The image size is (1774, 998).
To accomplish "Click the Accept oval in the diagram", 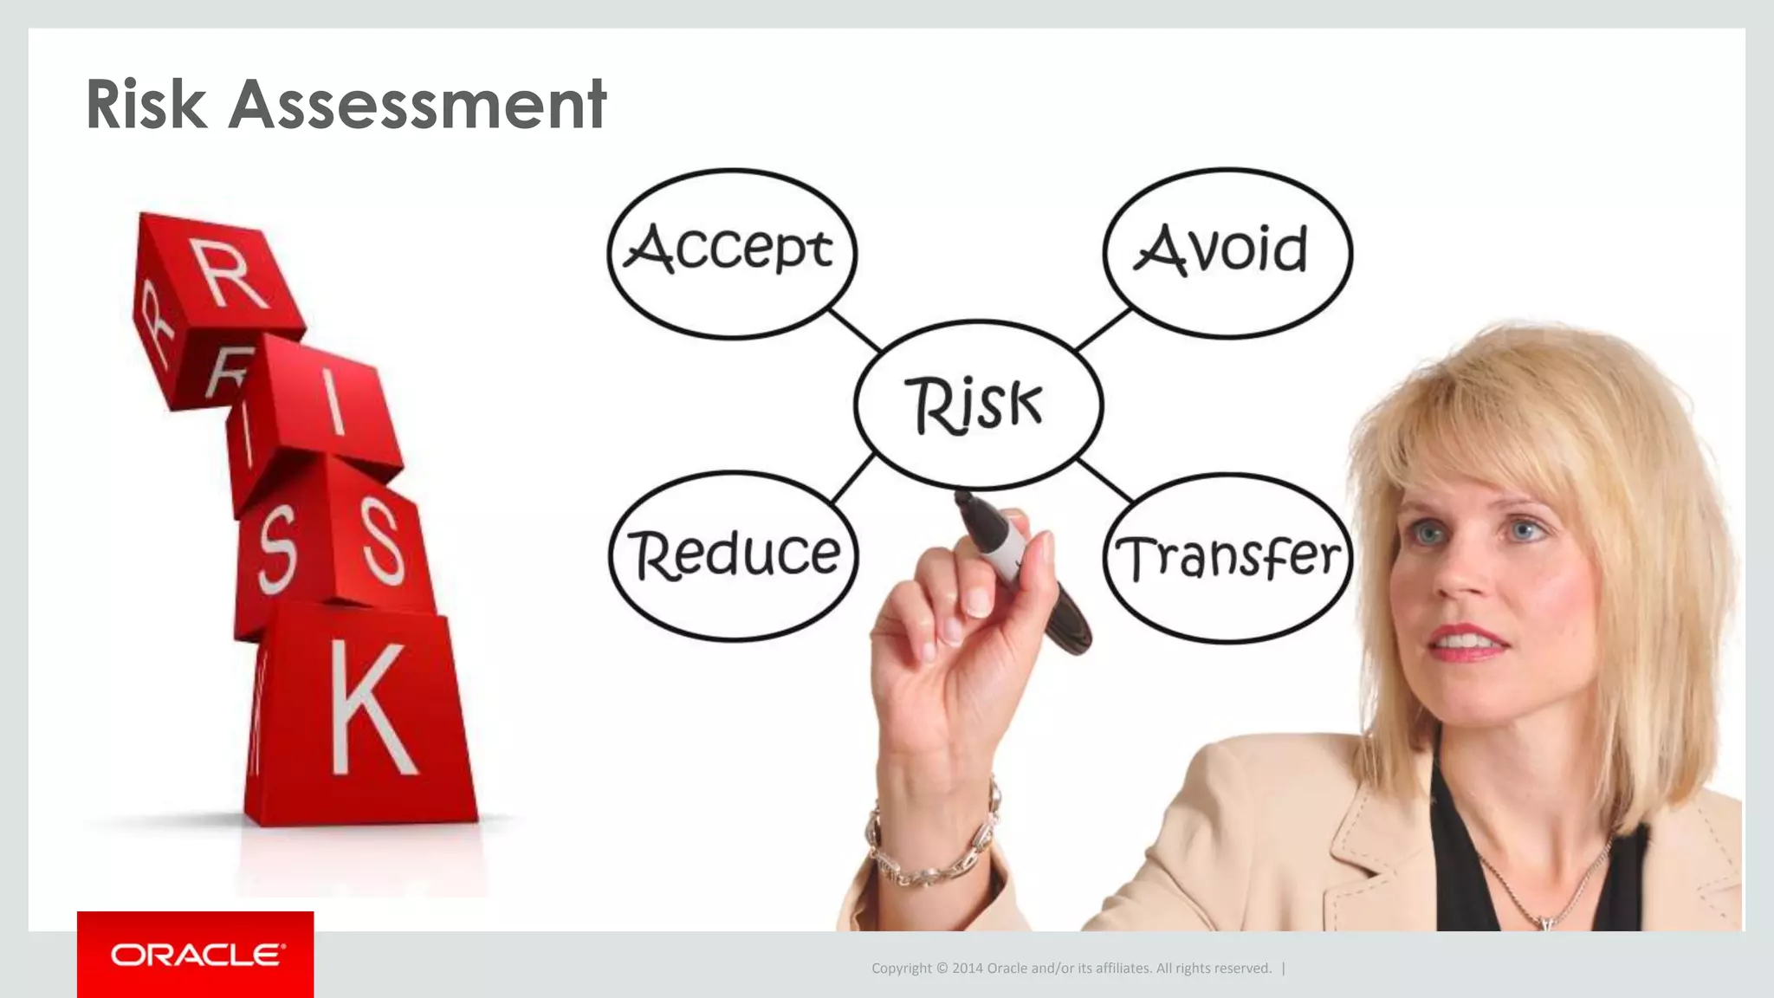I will tap(732, 252).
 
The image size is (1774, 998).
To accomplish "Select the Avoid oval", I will tap(1227, 252).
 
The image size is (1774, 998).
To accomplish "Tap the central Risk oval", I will tap(978, 405).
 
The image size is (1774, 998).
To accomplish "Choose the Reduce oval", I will tap(734, 555).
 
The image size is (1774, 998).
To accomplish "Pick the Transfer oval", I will tap(1227, 557).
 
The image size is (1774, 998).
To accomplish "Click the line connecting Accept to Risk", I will tap(854, 329).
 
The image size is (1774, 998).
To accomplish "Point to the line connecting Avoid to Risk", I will tap(1104, 329).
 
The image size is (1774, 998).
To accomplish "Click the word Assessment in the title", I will tap(418, 105).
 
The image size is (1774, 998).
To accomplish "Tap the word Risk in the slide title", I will tap(146, 105).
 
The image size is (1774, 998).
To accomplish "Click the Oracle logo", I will tap(196, 955).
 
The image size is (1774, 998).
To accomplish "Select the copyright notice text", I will tap(1071, 969).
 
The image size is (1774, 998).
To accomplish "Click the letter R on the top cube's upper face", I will tap(230, 274).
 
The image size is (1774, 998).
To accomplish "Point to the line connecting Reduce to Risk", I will tap(852, 479).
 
